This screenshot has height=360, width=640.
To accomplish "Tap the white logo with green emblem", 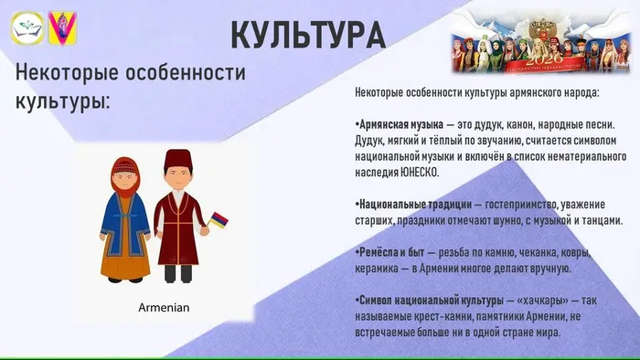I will coord(27,28).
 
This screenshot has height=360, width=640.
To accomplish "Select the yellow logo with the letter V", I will coord(62,28).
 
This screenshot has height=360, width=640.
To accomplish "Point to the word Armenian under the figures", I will coord(164,307).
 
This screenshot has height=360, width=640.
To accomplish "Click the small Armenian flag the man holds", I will coord(219,220).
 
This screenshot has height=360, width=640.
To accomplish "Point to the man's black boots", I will coord(179,271).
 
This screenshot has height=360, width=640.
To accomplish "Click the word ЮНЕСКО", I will coord(418,172).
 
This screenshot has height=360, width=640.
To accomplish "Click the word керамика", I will coord(380,269).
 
